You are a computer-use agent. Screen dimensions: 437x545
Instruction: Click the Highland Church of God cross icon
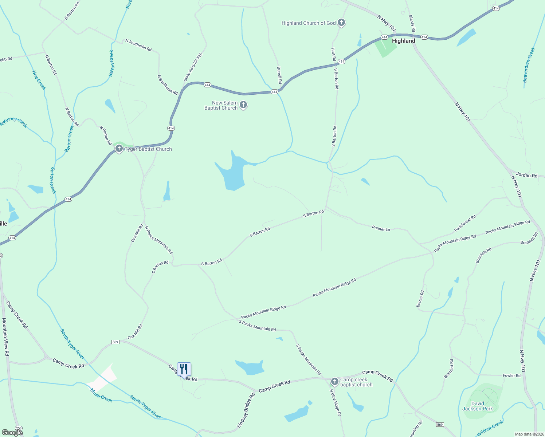tap(341, 23)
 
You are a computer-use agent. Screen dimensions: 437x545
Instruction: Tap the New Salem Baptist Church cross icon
tap(243, 105)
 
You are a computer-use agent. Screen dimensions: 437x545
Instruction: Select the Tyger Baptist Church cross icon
tap(119, 149)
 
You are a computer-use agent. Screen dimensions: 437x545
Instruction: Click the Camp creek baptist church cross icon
tap(334, 382)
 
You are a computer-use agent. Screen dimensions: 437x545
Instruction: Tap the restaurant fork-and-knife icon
tap(184, 369)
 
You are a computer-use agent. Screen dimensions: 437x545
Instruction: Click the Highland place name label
tap(403, 41)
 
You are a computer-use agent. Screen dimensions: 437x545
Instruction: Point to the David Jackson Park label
tap(478, 406)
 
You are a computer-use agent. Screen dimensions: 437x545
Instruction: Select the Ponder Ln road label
tap(381, 229)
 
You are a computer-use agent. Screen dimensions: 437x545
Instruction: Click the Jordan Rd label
tap(527, 175)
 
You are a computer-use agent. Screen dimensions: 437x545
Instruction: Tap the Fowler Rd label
tap(511, 375)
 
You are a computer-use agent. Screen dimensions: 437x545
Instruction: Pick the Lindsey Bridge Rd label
tap(246, 410)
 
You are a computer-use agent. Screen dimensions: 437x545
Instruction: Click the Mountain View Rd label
tap(5, 337)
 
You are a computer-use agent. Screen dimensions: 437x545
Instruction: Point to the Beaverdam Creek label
tap(529, 65)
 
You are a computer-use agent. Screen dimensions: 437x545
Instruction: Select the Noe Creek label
tap(39, 80)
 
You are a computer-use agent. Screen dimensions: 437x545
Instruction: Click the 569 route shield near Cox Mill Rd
tap(115, 342)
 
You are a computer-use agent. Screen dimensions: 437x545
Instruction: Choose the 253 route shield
tap(19, 428)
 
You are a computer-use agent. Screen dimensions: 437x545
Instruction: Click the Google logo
tap(12, 432)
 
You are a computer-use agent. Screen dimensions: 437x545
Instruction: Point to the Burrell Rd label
tap(279, 75)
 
